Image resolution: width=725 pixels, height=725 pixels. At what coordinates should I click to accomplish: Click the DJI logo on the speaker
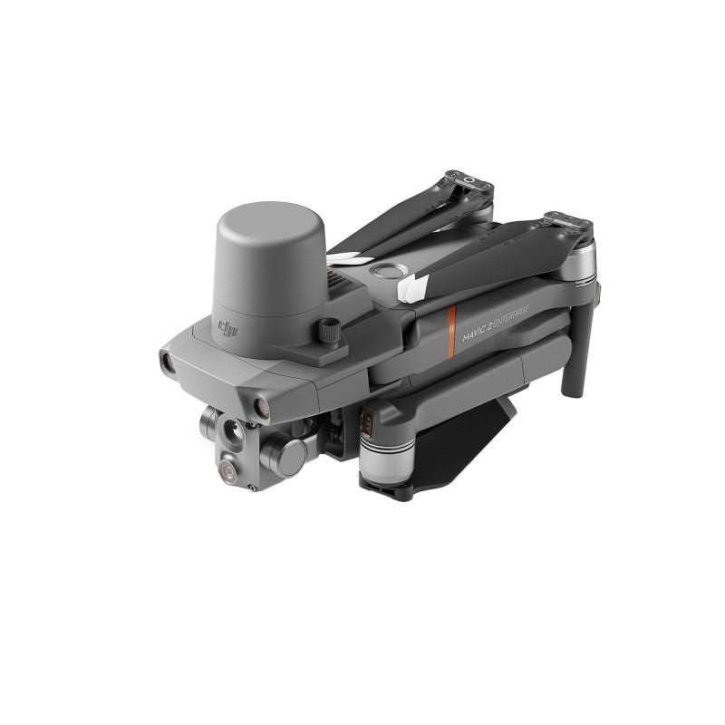[x=228, y=328]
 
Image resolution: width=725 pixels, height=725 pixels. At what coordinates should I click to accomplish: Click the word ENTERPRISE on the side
[x=512, y=318]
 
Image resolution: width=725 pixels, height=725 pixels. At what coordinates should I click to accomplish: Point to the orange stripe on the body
[x=451, y=331]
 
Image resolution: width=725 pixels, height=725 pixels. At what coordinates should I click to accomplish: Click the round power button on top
[x=389, y=271]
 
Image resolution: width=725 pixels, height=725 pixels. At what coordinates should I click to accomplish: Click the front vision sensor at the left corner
[x=167, y=362]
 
